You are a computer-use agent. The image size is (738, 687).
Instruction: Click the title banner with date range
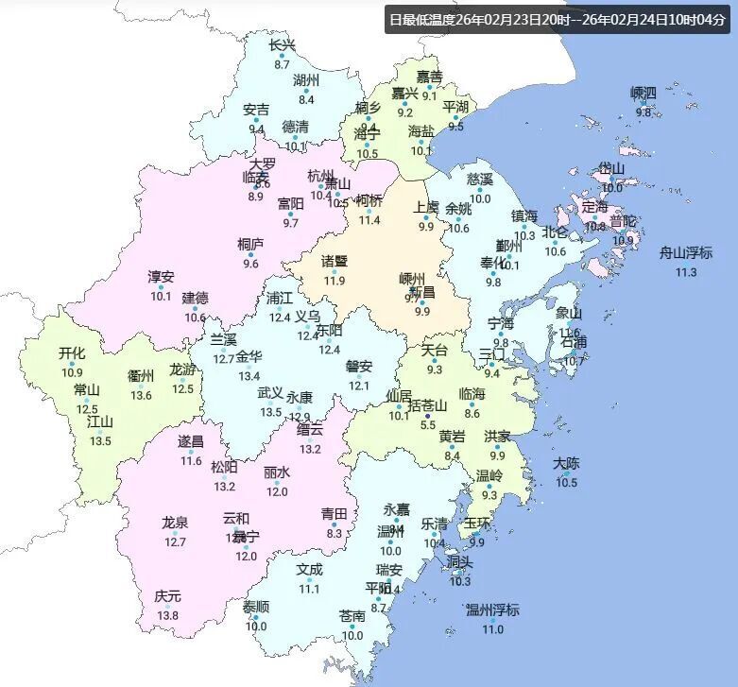[x=558, y=20]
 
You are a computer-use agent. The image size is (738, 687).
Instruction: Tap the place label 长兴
[x=282, y=45]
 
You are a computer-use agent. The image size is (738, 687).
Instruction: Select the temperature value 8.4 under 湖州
[x=306, y=99]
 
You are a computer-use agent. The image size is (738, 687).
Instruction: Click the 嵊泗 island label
[x=644, y=93]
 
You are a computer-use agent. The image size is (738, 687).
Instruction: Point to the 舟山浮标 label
[x=685, y=252]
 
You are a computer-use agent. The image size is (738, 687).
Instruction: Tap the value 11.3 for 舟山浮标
[x=685, y=272]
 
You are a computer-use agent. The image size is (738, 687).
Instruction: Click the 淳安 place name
[x=161, y=277]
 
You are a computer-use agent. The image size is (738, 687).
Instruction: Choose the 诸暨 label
[x=334, y=261]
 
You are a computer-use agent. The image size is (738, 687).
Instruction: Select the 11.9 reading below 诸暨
[x=334, y=281]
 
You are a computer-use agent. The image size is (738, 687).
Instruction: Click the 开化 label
[x=72, y=353]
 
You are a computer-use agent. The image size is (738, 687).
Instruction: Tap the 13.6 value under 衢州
[x=141, y=395]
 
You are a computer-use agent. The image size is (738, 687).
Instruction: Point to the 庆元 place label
[x=167, y=596]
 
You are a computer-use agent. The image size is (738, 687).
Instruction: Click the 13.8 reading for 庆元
[x=167, y=616]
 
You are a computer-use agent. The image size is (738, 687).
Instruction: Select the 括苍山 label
[x=428, y=405]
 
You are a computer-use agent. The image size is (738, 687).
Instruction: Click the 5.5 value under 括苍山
[x=428, y=426]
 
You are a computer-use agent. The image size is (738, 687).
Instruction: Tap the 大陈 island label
[x=566, y=463]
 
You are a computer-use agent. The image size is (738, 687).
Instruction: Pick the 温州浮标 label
[x=492, y=610]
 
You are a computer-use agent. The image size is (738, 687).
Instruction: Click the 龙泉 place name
[x=175, y=522]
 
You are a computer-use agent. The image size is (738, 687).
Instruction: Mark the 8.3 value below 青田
[x=334, y=533]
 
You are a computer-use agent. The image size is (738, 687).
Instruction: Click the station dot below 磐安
[x=358, y=376]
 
